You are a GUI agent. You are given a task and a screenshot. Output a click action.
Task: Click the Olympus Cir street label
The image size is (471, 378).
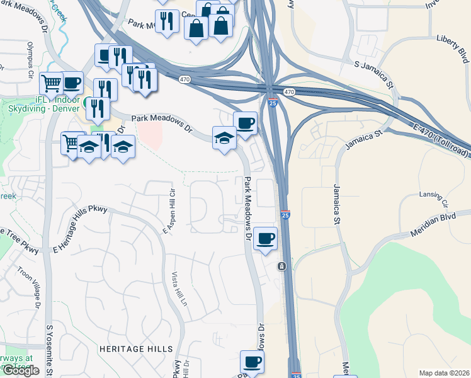(30, 60)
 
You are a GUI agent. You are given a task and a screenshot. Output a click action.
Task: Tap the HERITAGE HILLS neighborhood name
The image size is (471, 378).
(135, 348)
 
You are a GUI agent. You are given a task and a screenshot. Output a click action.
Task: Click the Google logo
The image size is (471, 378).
(21, 370)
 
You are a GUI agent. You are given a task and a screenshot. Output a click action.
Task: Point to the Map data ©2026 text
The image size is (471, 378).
(444, 373)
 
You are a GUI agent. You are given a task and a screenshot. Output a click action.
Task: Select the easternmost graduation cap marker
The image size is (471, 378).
(224, 138)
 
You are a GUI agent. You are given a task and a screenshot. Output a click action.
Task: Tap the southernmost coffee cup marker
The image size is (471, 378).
(252, 362)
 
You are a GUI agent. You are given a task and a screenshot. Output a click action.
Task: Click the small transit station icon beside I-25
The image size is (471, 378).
(282, 266)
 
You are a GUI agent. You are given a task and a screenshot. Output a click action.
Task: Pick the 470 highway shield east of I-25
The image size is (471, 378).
(289, 92)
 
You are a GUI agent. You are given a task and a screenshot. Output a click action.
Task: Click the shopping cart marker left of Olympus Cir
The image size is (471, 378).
(51, 83)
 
